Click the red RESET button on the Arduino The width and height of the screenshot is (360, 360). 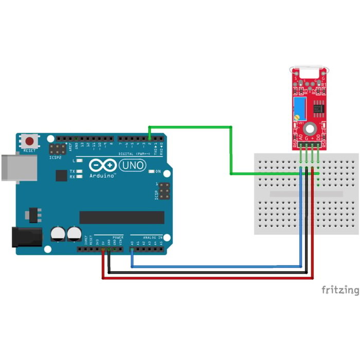coord(30,140)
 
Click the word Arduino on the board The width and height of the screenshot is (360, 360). coord(102,175)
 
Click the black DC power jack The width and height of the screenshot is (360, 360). coord(26,237)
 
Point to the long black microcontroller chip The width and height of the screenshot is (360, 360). coord(121,217)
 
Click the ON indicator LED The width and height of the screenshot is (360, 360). coord(150,171)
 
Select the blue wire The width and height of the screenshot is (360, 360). coord(216,266)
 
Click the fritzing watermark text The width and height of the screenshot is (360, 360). coord(340,290)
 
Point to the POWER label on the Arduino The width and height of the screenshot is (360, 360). coord(118,238)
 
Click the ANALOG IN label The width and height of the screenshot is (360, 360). coord(152,238)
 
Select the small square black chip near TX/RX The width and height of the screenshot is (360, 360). coord(61,175)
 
